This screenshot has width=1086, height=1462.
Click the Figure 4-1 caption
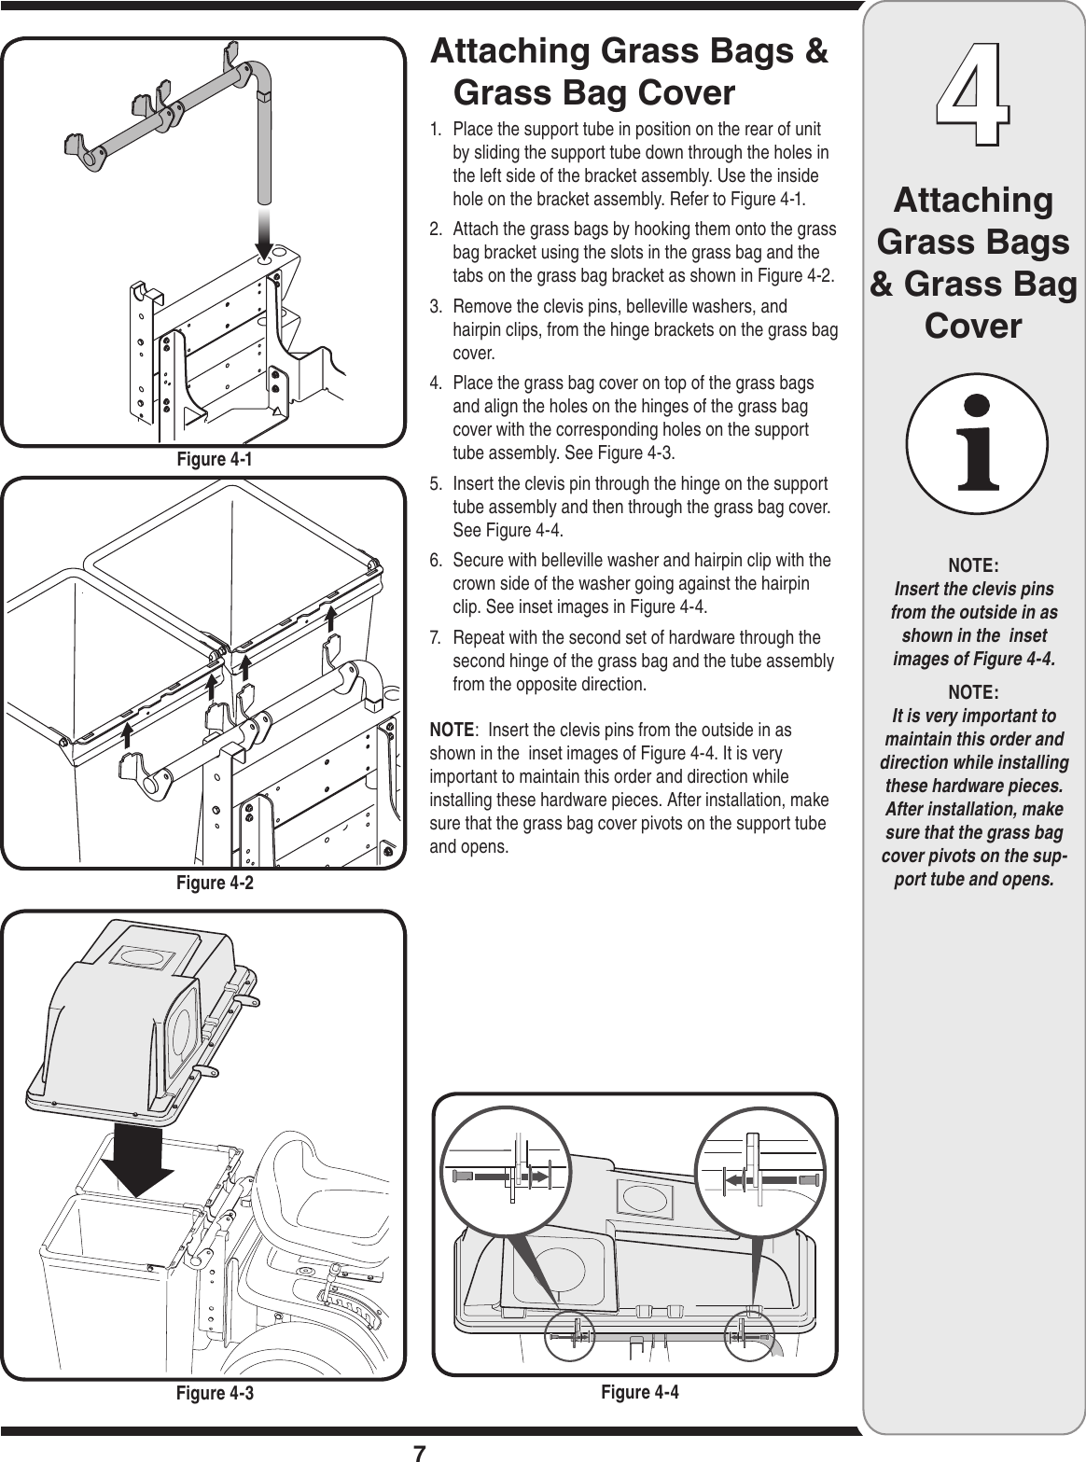215,460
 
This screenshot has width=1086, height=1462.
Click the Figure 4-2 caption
215,883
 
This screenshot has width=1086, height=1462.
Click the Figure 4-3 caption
215,1394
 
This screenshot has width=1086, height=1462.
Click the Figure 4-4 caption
639,1392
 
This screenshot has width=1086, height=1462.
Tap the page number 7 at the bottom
419,1452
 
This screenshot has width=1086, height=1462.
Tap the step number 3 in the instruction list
435,308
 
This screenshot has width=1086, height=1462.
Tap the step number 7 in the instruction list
435,638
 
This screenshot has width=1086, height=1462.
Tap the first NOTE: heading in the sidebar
973,566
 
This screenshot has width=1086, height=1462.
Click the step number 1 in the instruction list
435,128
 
